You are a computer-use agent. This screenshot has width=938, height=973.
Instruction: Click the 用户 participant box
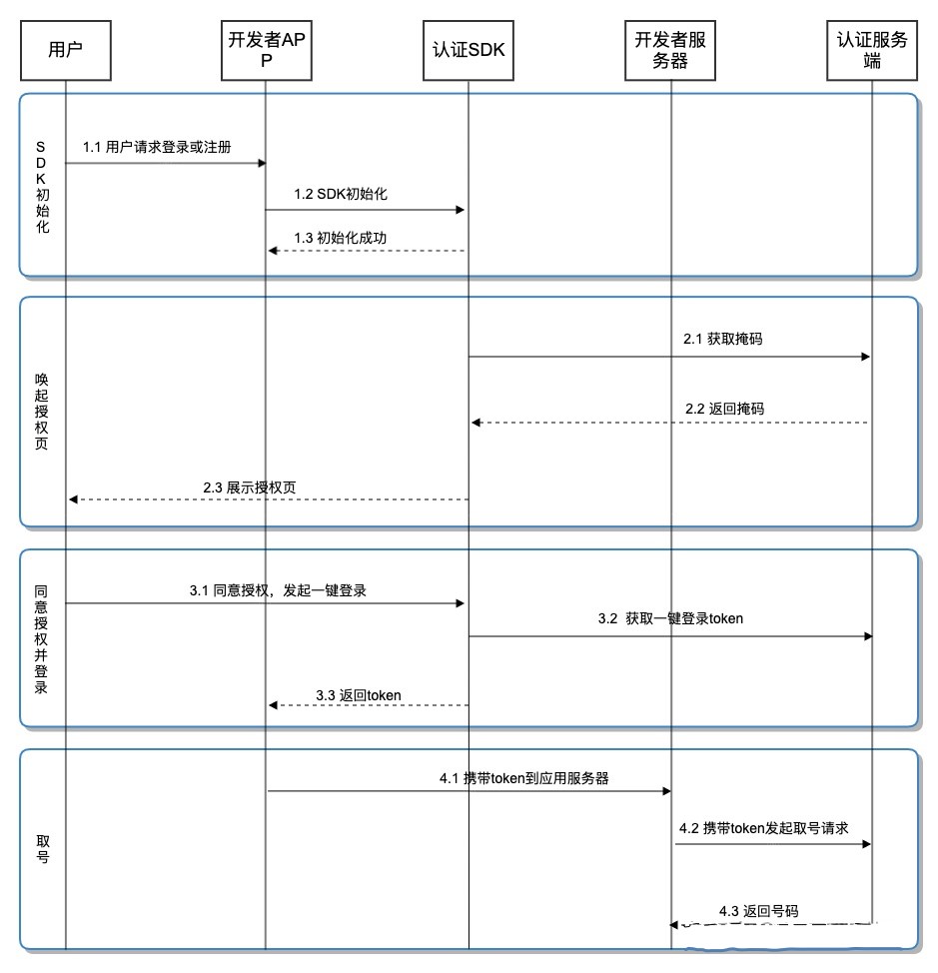[x=65, y=49]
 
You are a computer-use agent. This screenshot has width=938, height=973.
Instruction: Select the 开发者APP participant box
[x=266, y=49]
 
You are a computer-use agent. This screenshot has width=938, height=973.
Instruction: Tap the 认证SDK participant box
[x=468, y=49]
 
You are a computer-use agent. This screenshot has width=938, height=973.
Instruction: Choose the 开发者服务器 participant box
[x=670, y=49]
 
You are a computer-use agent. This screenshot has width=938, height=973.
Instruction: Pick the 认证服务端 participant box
[x=872, y=49]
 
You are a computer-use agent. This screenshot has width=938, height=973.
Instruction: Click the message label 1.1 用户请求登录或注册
[x=158, y=147]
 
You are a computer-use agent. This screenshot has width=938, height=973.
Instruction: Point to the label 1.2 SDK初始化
[x=341, y=194]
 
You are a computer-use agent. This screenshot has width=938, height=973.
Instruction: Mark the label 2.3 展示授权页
[x=249, y=487]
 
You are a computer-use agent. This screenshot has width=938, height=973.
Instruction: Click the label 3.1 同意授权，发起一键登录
[x=278, y=590]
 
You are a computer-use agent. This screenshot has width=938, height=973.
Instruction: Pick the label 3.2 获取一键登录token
[x=670, y=618]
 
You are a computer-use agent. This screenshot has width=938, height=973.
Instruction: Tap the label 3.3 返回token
[x=359, y=694]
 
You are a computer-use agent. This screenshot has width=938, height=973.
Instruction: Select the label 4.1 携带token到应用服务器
[x=524, y=778]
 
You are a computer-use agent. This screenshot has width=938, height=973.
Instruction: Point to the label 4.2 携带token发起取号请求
[x=763, y=828]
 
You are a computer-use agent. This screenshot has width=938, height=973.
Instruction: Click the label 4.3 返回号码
[x=758, y=910]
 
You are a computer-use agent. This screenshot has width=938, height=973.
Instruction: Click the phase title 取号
[x=42, y=848]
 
